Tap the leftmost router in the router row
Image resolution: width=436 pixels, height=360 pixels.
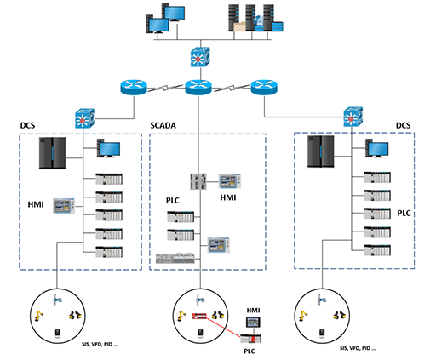click(x=135, y=87)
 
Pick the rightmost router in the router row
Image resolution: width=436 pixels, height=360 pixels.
click(x=264, y=87)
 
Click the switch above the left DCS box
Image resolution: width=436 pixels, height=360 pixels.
click(x=84, y=117)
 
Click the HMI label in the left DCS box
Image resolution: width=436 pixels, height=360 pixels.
click(x=35, y=205)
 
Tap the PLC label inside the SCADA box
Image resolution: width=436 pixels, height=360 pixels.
click(x=173, y=202)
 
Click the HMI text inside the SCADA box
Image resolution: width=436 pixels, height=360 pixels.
click(x=228, y=197)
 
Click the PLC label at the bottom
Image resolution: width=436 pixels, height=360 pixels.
click(x=251, y=350)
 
